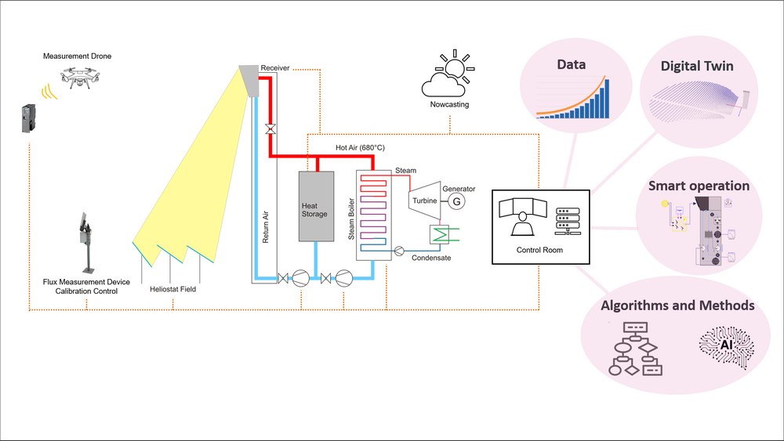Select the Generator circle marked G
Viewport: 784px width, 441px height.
point(455,201)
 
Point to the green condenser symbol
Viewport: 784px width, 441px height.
point(437,234)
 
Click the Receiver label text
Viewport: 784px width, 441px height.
point(275,68)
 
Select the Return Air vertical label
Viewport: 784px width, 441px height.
point(266,225)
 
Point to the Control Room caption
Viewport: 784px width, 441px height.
point(539,250)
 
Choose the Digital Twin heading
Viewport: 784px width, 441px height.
point(696,66)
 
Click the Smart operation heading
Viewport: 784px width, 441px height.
point(699,186)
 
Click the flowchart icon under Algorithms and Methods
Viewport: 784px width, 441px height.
point(636,348)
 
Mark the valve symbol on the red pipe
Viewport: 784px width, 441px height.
point(269,128)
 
